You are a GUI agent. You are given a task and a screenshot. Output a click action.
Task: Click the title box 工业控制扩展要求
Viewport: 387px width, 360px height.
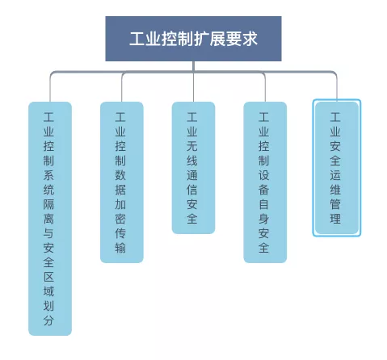(x=193, y=39)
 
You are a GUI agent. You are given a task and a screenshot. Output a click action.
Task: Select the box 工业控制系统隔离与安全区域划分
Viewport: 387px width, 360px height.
(x=50, y=219)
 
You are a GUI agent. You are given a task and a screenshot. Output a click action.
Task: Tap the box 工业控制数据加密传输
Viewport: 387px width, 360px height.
(x=122, y=182)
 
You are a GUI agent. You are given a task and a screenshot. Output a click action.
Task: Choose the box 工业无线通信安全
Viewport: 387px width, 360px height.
(x=193, y=168)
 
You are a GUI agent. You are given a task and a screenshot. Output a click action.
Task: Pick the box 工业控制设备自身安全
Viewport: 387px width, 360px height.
(x=265, y=182)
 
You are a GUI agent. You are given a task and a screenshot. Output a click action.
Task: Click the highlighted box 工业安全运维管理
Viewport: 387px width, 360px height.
(x=337, y=168)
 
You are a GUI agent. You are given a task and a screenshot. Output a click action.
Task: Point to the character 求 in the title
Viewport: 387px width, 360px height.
(x=250, y=39)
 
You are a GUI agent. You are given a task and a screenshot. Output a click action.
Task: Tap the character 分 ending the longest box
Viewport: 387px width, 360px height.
(x=48, y=320)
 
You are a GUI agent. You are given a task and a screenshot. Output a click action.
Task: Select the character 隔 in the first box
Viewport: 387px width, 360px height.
(x=48, y=204)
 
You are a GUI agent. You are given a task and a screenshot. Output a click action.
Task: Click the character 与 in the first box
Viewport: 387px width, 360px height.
(x=48, y=233)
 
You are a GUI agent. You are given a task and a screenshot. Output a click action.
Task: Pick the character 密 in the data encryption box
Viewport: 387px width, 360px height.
(x=120, y=219)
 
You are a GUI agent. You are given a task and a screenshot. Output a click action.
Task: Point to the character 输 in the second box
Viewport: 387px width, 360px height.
(x=120, y=248)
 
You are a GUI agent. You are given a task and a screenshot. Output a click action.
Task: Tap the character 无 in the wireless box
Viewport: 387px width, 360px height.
(x=192, y=146)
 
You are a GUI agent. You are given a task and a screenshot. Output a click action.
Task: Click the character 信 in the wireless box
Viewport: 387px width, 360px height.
(x=192, y=190)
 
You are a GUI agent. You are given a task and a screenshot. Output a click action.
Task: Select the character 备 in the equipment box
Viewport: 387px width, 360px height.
(x=263, y=190)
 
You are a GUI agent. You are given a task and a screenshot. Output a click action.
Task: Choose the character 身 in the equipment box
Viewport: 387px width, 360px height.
(x=263, y=219)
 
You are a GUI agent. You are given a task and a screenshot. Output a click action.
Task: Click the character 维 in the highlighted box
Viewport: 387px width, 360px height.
(x=335, y=190)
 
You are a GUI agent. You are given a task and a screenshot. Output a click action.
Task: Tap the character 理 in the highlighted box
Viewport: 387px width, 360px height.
(x=335, y=219)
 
